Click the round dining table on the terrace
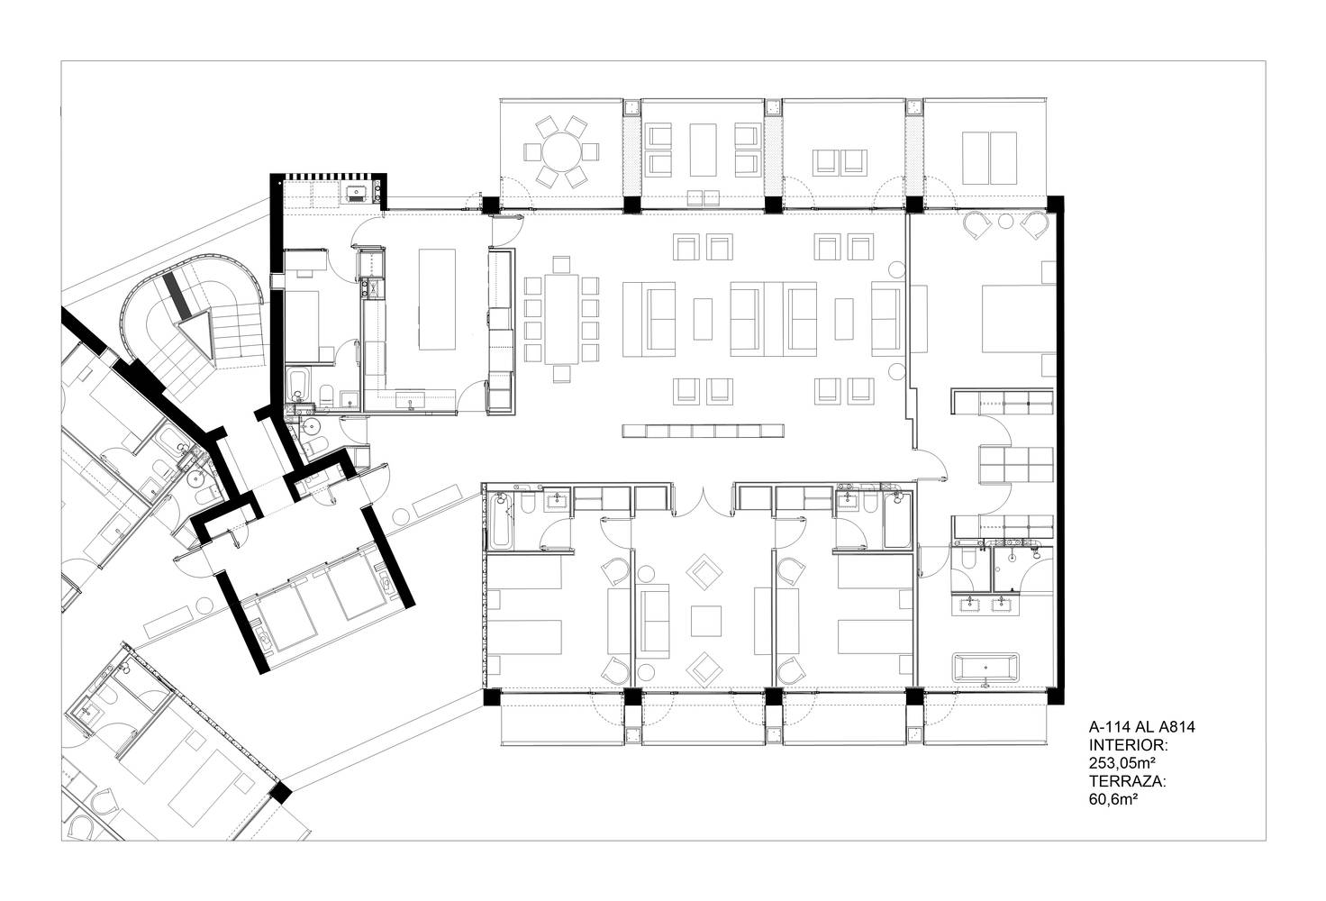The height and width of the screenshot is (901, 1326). (561, 151)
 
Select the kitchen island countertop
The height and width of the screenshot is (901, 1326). (437, 299)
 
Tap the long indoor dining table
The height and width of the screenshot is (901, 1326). (561, 319)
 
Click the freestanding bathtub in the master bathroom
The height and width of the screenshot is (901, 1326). (985, 669)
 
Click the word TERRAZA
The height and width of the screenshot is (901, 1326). (1127, 781)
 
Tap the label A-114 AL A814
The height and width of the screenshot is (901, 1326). (1142, 726)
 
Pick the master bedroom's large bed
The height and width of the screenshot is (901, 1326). (1018, 318)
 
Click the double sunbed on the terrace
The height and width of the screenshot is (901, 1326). (989, 158)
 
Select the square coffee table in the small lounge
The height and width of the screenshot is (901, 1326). (705, 621)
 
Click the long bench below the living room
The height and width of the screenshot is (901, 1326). (703, 431)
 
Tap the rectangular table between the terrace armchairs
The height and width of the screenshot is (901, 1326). (703, 150)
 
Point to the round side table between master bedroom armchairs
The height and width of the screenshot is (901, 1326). (1005, 222)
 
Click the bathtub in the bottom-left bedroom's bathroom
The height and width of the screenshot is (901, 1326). (501, 522)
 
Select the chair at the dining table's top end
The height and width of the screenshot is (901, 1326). (561, 264)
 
